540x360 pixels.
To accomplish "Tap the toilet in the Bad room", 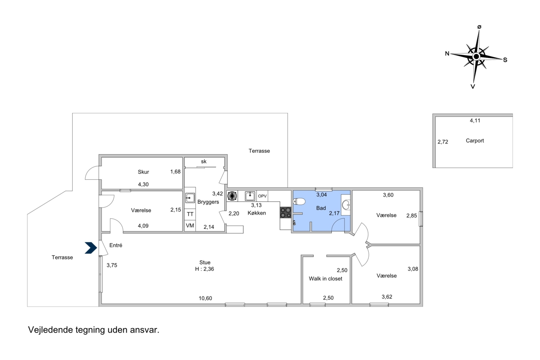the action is coord(299,201).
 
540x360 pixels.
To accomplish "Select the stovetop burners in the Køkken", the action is coord(285,213).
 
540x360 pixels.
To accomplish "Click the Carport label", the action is coord(475,141).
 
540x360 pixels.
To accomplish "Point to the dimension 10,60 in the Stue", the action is coord(205,298).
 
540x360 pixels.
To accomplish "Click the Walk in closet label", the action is coord(325,279).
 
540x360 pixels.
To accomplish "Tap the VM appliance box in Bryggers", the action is coord(190,226).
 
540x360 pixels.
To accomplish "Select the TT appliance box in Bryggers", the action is coord(190,214).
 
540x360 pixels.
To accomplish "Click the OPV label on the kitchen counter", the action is coord(262,196).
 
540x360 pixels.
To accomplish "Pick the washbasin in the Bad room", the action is coord(346,205).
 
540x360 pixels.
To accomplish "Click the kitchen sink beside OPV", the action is coord(250,196).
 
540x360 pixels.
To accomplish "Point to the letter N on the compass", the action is coord(447,54).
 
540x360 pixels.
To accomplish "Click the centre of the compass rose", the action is coord(476,57).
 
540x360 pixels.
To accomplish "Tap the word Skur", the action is coord(143,172).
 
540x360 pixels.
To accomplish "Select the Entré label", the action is coord(116,245).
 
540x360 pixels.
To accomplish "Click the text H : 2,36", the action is coord(204,269).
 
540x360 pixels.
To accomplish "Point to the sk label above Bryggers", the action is coord(204,162).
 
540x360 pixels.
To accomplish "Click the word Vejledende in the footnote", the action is coord(50,330).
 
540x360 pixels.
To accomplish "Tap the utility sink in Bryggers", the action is coord(190,198).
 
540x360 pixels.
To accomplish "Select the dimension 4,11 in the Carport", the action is coord(475,121).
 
